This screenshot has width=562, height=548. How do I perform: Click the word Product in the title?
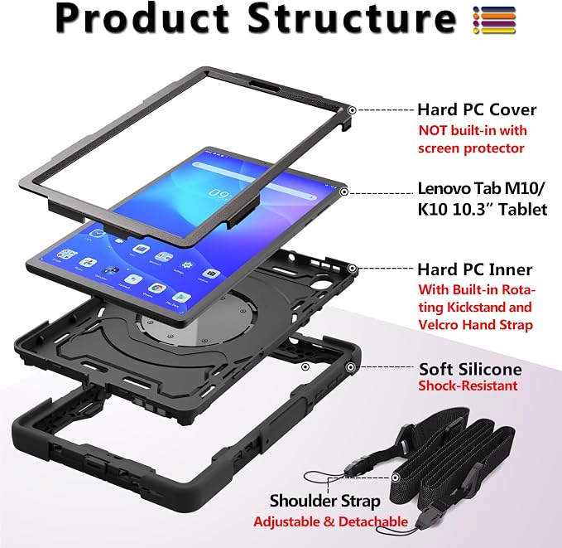click(142, 18)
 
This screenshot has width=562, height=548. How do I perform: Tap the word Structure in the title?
click(352, 18)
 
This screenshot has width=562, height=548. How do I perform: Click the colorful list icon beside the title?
click(494, 20)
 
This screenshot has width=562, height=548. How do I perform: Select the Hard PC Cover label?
click(477, 109)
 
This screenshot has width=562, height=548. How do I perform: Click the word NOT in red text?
click(433, 130)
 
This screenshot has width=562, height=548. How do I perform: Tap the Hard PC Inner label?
click(474, 269)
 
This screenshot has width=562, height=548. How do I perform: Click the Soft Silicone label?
click(470, 369)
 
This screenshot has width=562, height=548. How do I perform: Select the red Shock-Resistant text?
click(468, 386)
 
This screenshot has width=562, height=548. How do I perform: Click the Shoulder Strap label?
click(324, 501)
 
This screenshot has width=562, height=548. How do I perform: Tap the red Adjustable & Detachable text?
click(330, 521)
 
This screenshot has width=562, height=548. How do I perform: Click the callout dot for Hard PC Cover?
click(353, 110)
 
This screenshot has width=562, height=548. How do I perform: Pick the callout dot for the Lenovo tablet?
click(344, 192)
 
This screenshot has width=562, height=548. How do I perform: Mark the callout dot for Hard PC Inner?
click(353, 269)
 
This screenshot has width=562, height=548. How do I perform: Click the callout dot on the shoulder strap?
click(396, 478)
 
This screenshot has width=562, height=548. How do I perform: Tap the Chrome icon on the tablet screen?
click(156, 288)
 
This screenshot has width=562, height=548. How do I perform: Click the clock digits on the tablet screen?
click(220, 194)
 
